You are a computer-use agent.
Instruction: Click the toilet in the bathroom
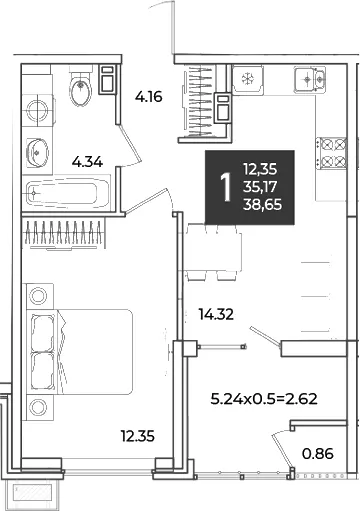80,86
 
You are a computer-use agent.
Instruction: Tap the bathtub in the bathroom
68,193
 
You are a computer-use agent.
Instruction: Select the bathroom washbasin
37,153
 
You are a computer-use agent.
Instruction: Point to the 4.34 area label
87,163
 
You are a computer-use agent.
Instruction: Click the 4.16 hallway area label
149,97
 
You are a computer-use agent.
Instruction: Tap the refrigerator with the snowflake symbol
248,79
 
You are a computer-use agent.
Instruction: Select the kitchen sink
310,79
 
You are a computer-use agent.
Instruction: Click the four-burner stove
331,153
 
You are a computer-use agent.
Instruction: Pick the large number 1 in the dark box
226,187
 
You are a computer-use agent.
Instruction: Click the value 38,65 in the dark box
263,204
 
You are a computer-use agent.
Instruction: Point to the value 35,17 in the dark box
260,187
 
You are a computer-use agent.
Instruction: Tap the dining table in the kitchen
213,252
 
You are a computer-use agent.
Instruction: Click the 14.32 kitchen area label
216,314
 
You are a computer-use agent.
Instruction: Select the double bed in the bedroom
80,352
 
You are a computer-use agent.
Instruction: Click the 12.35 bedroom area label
138,436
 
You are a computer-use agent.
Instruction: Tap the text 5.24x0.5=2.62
264,399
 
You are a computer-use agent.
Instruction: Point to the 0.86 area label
318,454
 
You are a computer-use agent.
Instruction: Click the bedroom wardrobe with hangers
63,233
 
